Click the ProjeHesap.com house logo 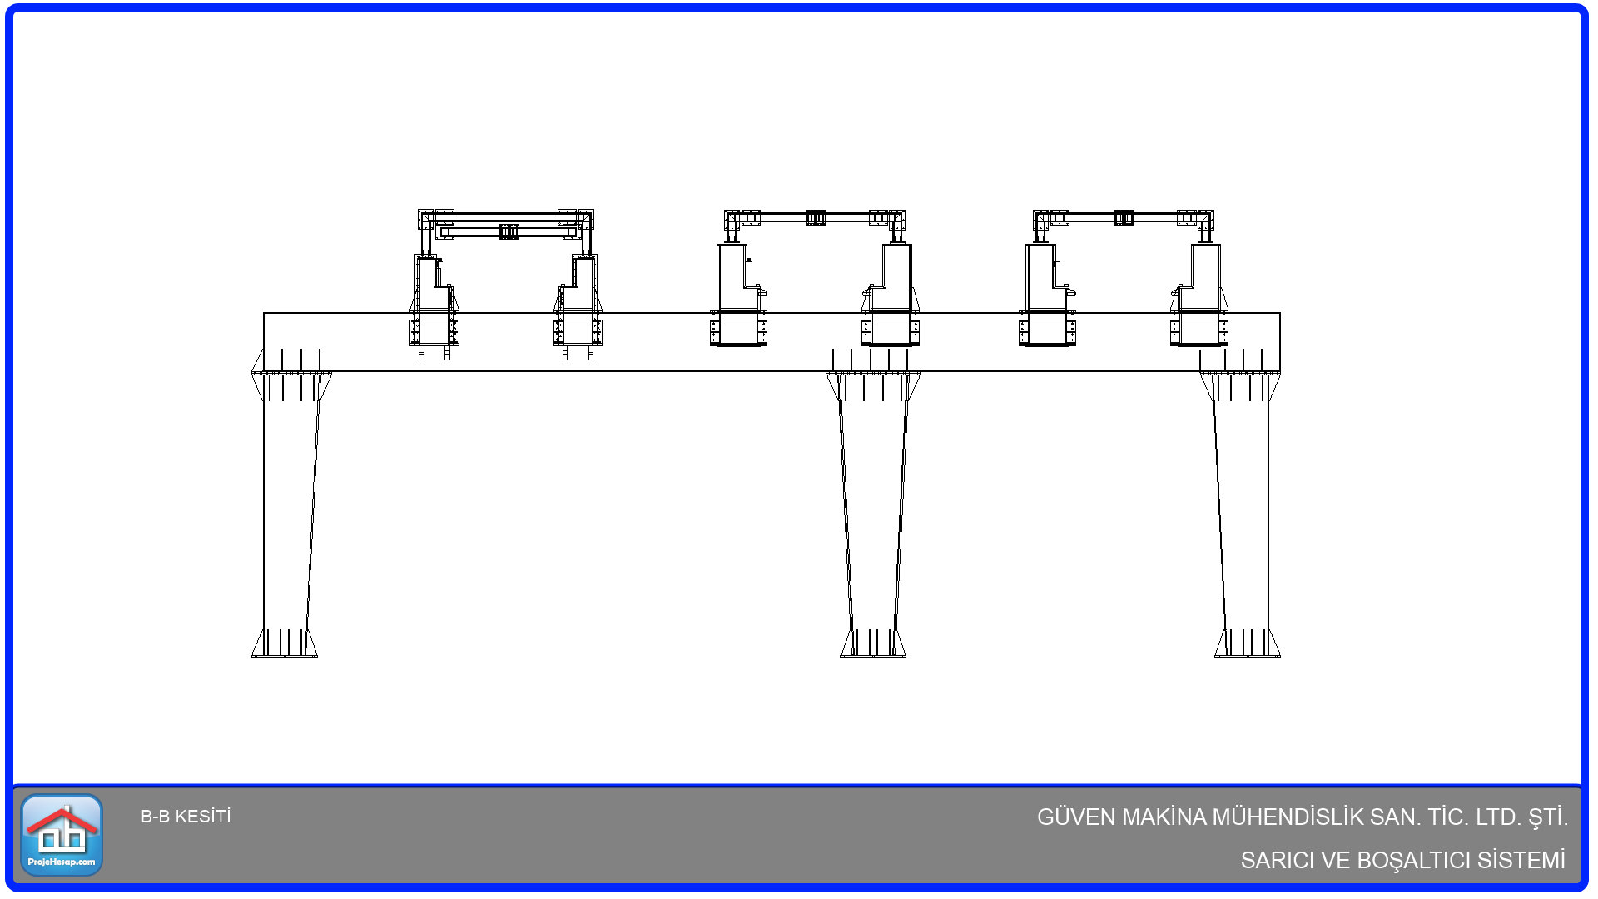(x=62, y=834)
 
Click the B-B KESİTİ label (x=186, y=817)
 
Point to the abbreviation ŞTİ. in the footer (x=1548, y=817)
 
